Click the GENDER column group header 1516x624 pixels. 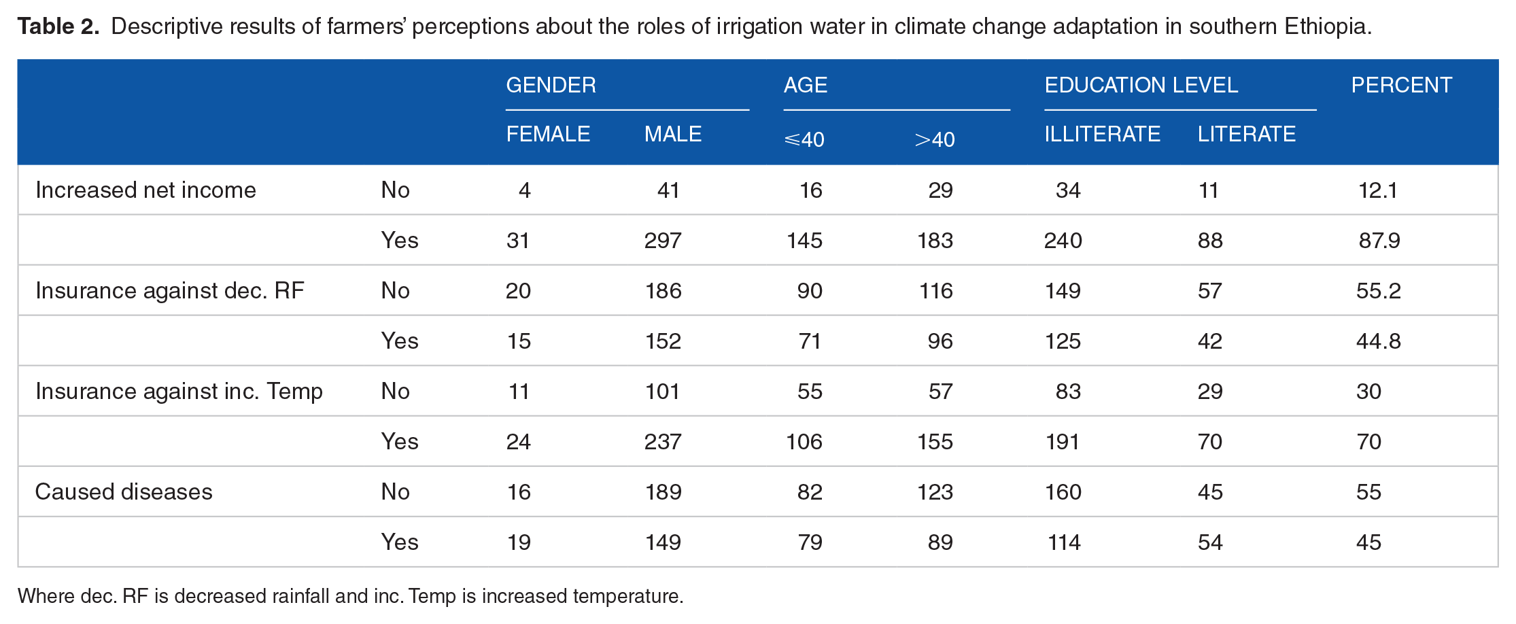point(551,85)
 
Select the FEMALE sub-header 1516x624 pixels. point(548,134)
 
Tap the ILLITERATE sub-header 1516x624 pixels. point(1102,134)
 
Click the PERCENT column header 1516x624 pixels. point(1401,85)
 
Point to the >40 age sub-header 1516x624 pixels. point(935,139)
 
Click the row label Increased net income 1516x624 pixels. point(145,190)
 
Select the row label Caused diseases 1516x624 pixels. point(124,491)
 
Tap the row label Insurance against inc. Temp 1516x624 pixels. point(179,392)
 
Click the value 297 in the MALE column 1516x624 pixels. point(663,240)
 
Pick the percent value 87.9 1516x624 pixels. point(1379,240)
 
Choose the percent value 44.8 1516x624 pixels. point(1379,341)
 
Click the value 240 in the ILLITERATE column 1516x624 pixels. point(1063,240)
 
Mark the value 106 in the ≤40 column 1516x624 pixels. point(804,441)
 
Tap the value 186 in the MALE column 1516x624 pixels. point(663,290)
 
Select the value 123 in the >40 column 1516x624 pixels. point(935,491)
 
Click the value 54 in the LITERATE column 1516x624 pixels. point(1210,542)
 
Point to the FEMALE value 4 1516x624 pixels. point(524,190)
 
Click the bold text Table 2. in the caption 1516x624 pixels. point(58,26)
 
